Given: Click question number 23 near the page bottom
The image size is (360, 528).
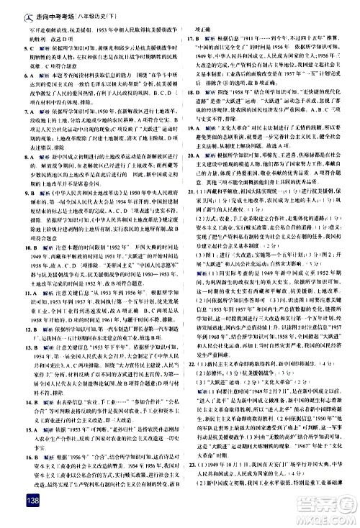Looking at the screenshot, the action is [189, 506].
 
